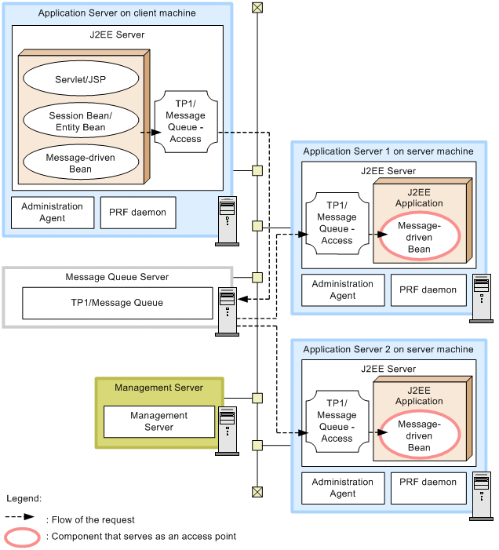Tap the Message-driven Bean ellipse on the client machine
(x=80, y=162)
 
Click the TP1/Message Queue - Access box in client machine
(x=186, y=122)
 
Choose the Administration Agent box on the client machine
(x=52, y=213)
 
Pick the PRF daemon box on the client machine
(x=133, y=213)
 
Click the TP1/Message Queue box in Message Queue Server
(x=118, y=303)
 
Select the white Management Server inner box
(x=159, y=421)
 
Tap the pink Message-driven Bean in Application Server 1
(x=419, y=238)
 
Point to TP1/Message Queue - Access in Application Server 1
(x=337, y=223)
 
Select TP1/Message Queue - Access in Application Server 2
(x=337, y=421)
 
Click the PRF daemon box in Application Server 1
(x=428, y=290)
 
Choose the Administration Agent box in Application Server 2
(x=343, y=488)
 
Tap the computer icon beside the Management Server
(x=228, y=431)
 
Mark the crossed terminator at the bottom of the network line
(x=257, y=492)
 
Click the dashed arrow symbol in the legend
(x=20, y=518)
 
